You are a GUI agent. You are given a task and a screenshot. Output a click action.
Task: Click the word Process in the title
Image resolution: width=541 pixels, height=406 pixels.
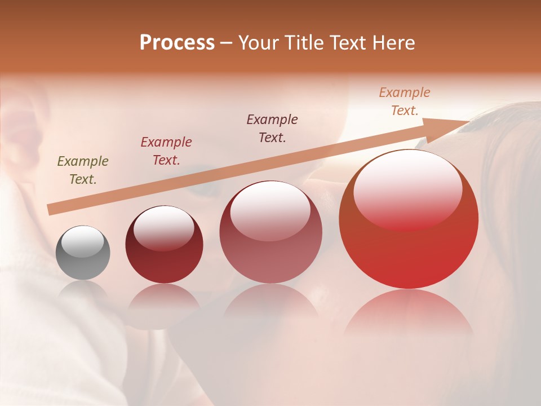pyautogui.click(x=177, y=43)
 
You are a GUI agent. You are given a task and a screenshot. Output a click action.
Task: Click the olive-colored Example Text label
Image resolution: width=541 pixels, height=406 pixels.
pyautogui.click(x=83, y=170)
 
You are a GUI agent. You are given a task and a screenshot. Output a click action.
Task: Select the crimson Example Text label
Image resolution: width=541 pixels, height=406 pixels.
pyautogui.click(x=166, y=151)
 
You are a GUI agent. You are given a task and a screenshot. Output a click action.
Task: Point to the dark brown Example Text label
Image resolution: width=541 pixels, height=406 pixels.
pyautogui.click(x=272, y=128)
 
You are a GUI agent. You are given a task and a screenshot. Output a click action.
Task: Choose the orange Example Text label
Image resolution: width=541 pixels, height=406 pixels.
pyautogui.click(x=404, y=101)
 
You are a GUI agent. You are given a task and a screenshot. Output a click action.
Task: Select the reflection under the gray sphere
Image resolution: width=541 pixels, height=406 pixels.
pyautogui.click(x=83, y=291)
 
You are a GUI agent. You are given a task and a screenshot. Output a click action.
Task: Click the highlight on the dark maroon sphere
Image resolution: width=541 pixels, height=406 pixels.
pyautogui.click(x=163, y=228)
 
